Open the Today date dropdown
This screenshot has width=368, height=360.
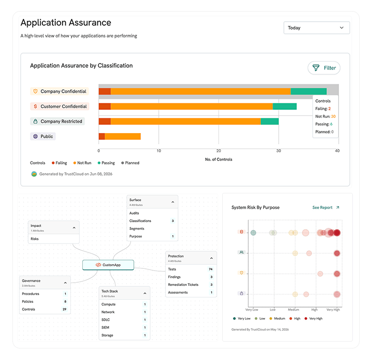click(316, 28)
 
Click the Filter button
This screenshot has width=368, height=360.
click(324, 68)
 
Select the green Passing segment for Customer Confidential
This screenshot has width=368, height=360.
click(284, 106)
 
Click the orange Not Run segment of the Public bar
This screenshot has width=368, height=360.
click(123, 136)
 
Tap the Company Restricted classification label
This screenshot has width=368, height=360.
click(57, 122)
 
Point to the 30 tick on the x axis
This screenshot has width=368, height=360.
click(279, 151)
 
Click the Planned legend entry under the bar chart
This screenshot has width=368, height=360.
click(130, 163)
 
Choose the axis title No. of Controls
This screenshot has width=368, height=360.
click(218, 159)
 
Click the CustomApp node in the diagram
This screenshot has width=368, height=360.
click(108, 265)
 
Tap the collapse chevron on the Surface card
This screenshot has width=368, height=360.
click(173, 202)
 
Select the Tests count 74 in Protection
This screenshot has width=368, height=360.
click(211, 269)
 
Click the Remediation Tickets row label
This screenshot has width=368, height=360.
click(183, 285)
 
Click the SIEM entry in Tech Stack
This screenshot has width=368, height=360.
click(105, 328)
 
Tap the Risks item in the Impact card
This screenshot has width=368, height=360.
click(34, 239)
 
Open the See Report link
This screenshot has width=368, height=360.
click(326, 208)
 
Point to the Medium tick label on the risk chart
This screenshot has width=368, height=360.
click(293, 310)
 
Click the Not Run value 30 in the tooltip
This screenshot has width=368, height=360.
click(333, 116)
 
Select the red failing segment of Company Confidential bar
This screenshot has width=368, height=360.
click(105, 91)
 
